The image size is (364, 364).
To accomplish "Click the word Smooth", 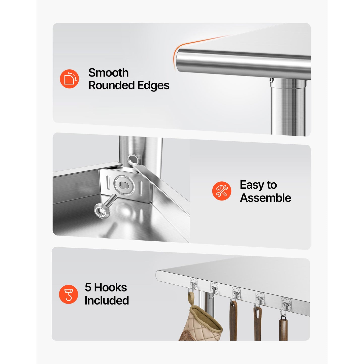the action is point(108,73).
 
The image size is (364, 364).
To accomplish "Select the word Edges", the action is point(153,86).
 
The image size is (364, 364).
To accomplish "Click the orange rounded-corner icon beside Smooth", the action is point(69,79).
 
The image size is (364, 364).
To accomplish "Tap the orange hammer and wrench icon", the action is point(222,191).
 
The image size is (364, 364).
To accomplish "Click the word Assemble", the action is point(266,198).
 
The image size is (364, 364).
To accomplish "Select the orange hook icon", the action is point(68,294).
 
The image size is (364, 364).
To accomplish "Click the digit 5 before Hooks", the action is point(88,287).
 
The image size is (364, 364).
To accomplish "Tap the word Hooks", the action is point(111,287).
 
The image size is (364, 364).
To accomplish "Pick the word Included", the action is point(107,300).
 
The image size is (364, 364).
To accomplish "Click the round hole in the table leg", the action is point(133,160).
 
